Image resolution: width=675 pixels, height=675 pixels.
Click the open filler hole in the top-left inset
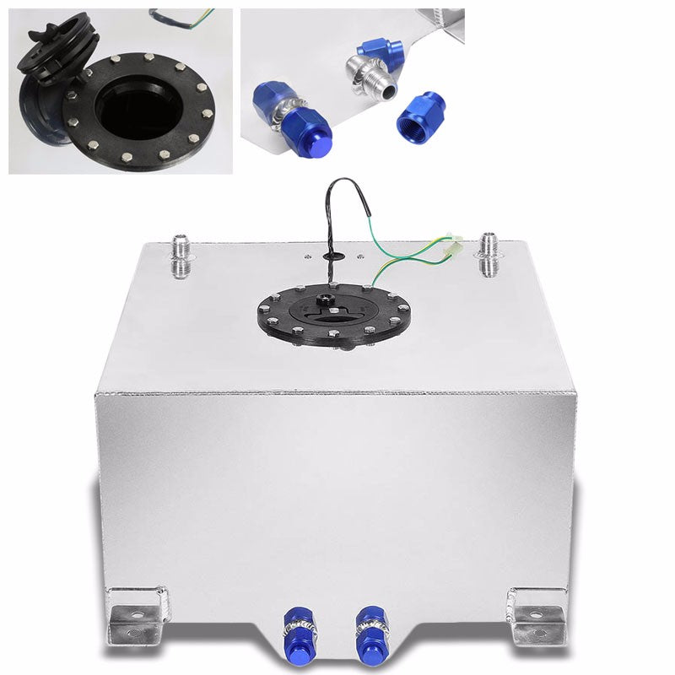[x=127, y=105]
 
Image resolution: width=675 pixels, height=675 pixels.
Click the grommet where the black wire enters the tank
[x=331, y=253]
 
